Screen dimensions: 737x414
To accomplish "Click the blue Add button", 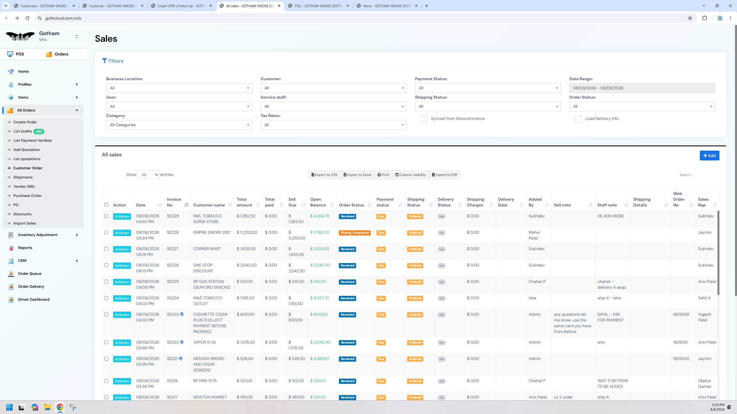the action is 709,156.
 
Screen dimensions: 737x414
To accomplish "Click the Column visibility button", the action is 410,175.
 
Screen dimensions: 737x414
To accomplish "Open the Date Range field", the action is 642,88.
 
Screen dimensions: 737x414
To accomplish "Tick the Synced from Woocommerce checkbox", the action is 424,119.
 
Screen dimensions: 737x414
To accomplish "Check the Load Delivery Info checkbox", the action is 578,119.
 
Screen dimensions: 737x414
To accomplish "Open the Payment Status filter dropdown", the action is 488,88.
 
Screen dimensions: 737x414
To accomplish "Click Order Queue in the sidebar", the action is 30,273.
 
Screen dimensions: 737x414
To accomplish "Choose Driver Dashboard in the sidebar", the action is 34,299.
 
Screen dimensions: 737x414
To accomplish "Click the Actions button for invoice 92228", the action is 122,233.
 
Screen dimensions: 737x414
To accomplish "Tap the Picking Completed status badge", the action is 355,233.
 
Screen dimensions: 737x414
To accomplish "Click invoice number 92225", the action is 173,281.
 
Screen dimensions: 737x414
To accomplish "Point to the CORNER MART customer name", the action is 207,249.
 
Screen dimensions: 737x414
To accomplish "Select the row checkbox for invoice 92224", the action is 107,298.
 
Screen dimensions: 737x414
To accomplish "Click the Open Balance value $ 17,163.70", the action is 320,232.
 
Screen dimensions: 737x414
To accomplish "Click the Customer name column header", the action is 209,205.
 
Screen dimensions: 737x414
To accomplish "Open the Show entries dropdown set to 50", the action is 148,175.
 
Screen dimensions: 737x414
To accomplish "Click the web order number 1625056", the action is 681,314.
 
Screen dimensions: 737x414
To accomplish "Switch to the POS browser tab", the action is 319,6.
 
